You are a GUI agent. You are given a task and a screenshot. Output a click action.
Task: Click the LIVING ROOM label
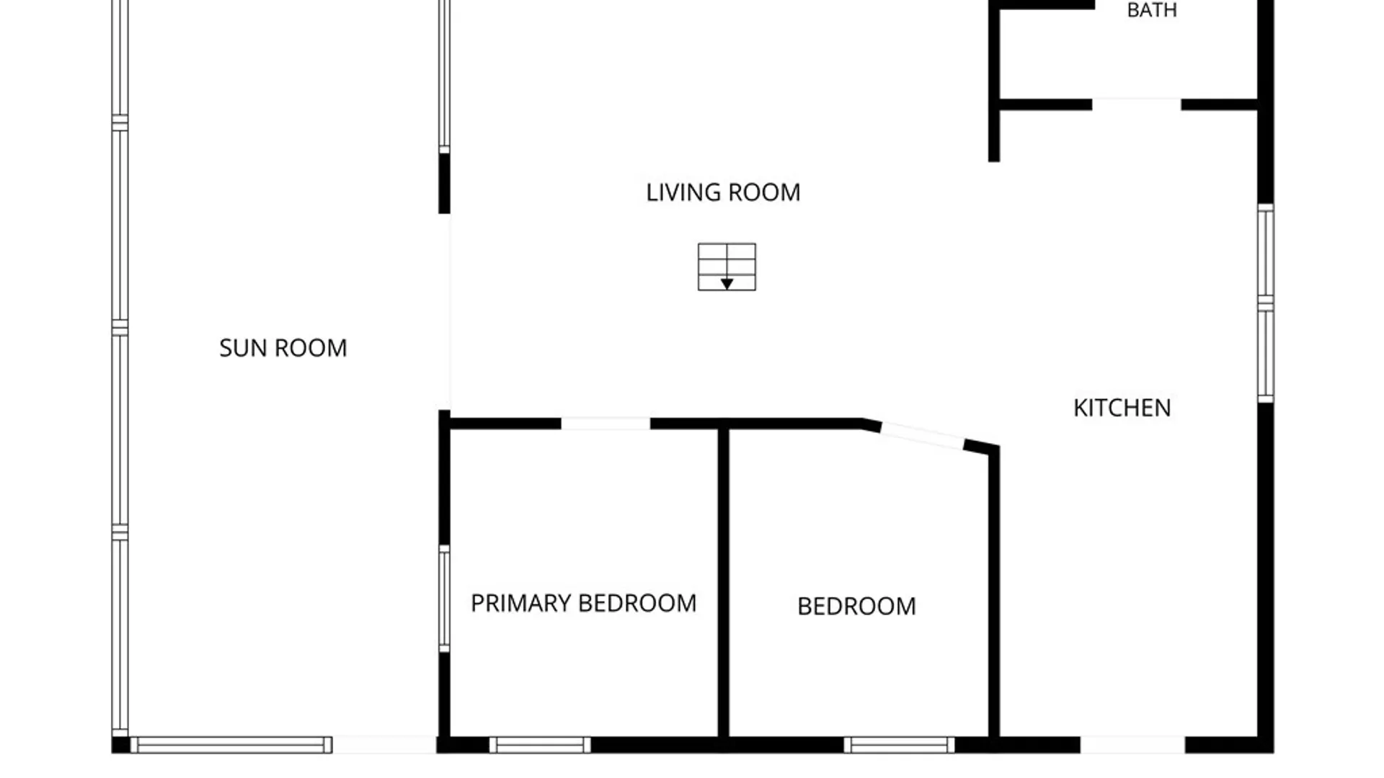(x=723, y=192)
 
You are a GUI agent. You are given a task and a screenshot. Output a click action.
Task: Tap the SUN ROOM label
(x=283, y=348)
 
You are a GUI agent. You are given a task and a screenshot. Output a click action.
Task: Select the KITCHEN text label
(x=1122, y=408)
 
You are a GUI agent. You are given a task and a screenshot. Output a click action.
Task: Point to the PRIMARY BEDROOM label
(x=584, y=603)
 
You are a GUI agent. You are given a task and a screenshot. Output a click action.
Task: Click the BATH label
(x=1152, y=10)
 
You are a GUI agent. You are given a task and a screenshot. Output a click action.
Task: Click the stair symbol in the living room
(x=727, y=267)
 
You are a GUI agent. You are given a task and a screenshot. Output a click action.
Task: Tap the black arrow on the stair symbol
(x=727, y=284)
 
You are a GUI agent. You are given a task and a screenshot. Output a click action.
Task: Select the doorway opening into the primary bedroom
(x=605, y=424)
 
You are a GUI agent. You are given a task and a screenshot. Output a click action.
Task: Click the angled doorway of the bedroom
(x=923, y=436)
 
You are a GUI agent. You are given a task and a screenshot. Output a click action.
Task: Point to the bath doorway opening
(x=1137, y=104)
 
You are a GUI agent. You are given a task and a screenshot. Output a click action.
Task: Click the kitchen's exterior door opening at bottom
(x=1132, y=745)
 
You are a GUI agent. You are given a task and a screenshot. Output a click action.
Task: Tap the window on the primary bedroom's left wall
(x=445, y=599)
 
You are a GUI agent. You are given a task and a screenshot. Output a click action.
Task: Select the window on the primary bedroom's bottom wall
(x=540, y=745)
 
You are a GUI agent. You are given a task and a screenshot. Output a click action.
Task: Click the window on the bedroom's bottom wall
(x=899, y=745)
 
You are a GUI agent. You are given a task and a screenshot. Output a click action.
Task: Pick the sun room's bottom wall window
(x=231, y=745)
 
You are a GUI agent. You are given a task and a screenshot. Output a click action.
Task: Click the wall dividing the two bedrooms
(x=723, y=583)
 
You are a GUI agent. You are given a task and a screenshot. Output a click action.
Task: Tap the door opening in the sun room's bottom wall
(x=385, y=745)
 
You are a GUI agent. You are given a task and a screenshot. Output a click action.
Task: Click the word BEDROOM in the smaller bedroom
(x=856, y=607)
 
